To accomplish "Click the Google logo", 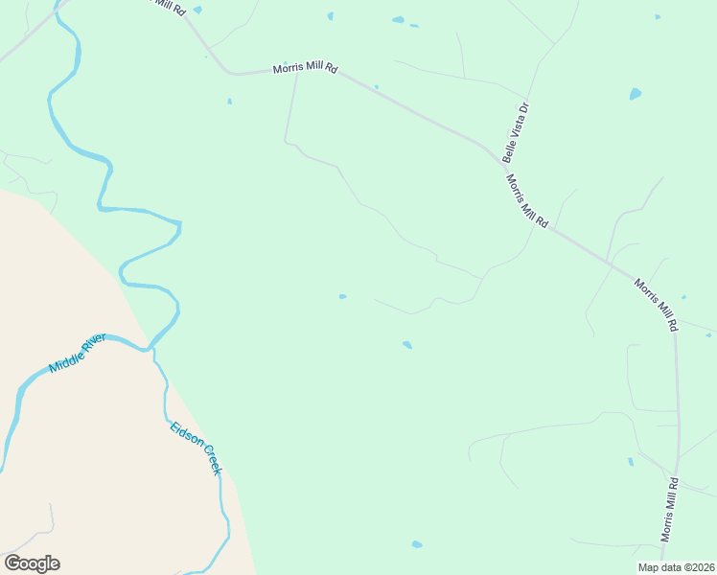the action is click(33, 563).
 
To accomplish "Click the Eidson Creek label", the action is click(196, 447).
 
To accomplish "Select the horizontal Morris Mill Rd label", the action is click(306, 69).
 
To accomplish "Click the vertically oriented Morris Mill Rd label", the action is click(671, 509).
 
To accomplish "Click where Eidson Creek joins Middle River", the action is click(151, 349).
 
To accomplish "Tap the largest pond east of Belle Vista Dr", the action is click(635, 94).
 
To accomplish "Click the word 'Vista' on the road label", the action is click(517, 130).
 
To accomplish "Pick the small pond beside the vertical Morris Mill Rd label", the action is click(631, 462).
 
